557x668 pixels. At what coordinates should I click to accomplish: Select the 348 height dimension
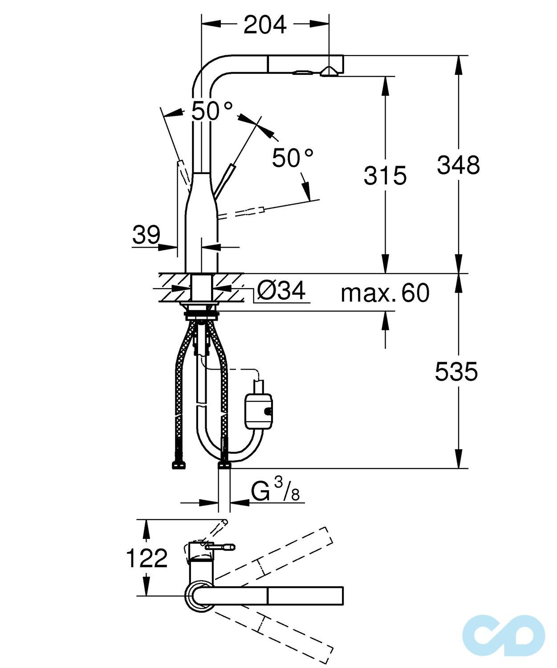[x=458, y=165]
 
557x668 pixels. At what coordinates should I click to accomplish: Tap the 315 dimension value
[x=385, y=175]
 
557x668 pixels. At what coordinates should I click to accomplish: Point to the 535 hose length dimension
[x=456, y=372]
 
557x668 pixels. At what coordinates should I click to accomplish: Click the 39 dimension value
[x=146, y=235]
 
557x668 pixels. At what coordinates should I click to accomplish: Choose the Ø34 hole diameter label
[x=281, y=291]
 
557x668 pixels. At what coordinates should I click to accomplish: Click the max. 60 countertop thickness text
[x=385, y=293]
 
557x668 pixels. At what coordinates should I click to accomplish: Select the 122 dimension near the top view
[x=146, y=558]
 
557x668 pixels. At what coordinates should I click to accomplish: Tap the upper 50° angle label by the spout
[x=212, y=110]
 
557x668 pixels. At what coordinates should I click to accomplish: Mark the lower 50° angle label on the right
[x=293, y=158]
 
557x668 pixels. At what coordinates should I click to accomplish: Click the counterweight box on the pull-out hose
[x=258, y=409]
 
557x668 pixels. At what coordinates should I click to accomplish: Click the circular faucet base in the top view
[x=199, y=596]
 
